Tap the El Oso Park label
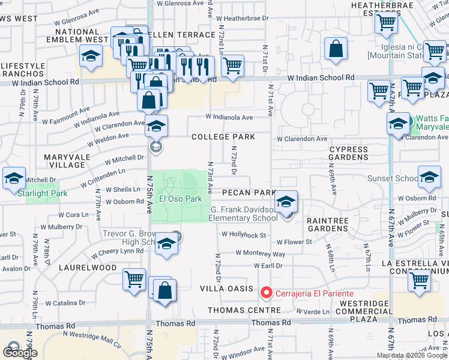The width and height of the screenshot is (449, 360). [180, 199]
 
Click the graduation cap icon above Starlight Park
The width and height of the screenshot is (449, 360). [14, 178]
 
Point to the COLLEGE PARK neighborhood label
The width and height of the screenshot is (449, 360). [223, 137]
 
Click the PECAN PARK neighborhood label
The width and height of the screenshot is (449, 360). [248, 193]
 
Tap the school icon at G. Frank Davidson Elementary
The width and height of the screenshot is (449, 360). [287, 200]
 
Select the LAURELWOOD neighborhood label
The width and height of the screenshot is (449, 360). [88, 268]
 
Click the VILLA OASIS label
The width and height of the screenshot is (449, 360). [227, 289]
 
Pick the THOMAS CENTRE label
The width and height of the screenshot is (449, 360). [244, 310]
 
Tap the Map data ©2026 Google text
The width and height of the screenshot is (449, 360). [412, 355]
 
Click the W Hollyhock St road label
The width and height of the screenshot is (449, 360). [243, 235]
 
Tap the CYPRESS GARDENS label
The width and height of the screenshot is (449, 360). [348, 153]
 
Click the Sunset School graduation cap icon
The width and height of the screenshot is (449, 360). [430, 178]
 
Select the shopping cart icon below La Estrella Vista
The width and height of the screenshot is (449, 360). [419, 280]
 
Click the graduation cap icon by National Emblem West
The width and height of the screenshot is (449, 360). [91, 55]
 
